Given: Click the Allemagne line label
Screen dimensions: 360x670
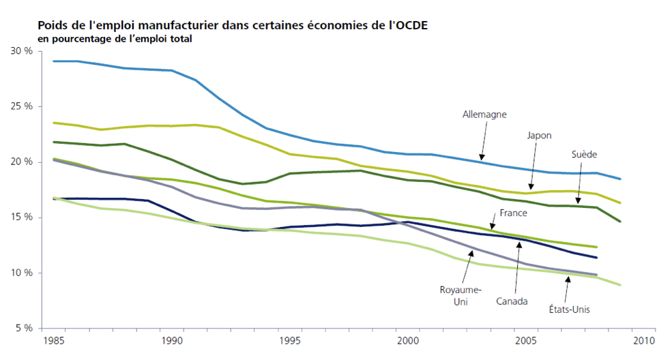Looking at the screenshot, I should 484,115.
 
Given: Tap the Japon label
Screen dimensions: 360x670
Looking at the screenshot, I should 539,135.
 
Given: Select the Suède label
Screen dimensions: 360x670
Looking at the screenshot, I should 584,155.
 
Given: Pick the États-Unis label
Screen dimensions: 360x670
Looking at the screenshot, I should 569,309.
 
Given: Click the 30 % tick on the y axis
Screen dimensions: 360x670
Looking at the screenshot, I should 22,51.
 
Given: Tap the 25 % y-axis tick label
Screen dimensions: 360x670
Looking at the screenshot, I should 22,106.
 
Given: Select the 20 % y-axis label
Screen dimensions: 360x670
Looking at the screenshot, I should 22,162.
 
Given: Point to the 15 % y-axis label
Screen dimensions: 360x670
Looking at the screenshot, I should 22,217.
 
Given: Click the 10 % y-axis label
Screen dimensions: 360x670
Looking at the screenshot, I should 22,273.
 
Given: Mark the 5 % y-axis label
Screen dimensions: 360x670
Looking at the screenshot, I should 24,328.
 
